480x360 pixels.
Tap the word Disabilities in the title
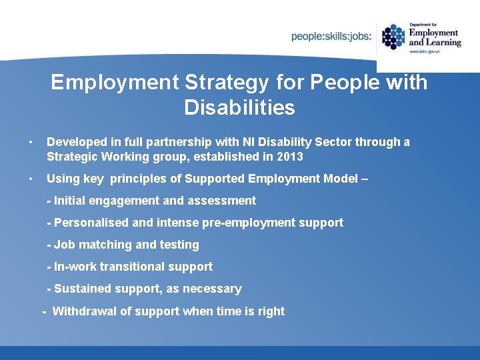[x=239, y=107]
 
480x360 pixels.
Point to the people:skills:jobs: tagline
[x=331, y=37]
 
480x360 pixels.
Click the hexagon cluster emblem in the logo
[x=393, y=37]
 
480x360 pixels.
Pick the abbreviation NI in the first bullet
[x=255, y=142]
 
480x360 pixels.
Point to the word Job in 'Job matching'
[x=64, y=245]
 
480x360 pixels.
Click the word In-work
[x=75, y=267]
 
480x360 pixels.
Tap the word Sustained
[x=83, y=289]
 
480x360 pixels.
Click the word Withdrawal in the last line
[x=84, y=311]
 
